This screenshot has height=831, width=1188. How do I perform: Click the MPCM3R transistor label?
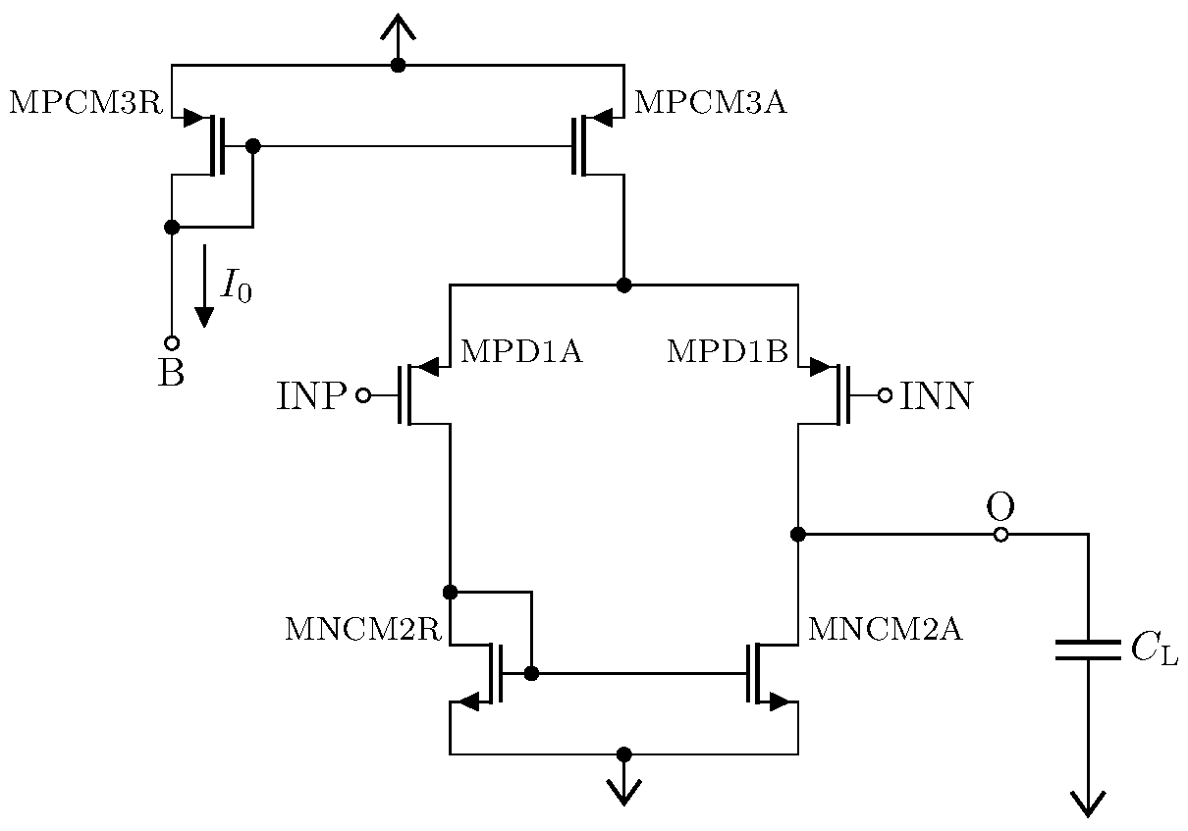point(85,103)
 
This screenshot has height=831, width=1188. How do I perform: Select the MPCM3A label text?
point(711,103)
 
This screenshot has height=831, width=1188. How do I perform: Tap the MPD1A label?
point(521,352)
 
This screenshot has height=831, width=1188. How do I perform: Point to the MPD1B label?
point(728,352)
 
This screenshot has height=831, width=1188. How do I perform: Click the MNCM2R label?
point(362,630)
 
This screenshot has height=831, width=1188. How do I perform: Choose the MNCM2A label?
point(885,630)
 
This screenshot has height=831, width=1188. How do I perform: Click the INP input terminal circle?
point(363,395)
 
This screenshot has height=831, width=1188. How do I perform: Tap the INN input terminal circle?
point(885,395)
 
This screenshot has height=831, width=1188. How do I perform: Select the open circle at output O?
point(1000,535)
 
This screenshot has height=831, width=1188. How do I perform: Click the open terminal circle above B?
point(172,343)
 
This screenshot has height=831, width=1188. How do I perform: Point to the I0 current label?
point(237,286)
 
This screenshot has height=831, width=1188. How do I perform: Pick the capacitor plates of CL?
point(1088,650)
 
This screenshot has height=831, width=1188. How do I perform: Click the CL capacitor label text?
point(1155,650)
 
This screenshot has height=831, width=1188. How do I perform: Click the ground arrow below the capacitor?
point(1088,802)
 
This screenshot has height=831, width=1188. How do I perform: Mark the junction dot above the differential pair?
point(623,286)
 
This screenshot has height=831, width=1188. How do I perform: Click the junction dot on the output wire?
point(798,535)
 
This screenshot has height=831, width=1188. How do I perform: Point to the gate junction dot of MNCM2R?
point(531,674)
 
